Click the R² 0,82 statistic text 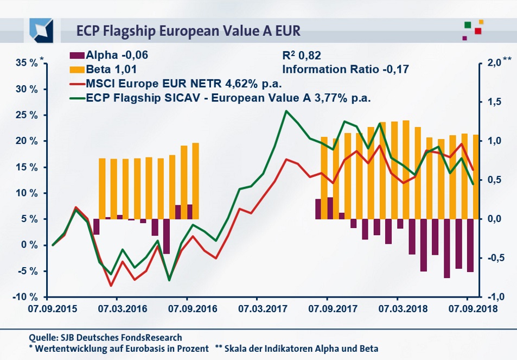pos(305,55)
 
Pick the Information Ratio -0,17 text pos(344,69)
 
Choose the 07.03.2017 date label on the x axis pos(257,308)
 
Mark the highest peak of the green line pos(286,111)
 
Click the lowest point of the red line pos(111,286)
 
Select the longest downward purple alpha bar pos(447,248)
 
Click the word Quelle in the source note pos(42,338)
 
